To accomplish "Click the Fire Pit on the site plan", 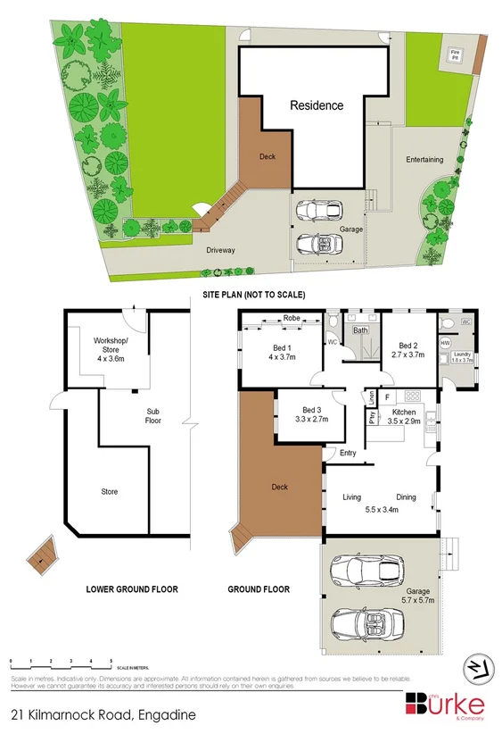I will click(455, 55).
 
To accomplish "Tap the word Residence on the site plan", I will click(317, 105).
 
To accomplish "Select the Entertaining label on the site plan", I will click(424, 160).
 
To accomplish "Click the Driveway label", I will click(220, 250).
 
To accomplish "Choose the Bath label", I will click(360, 330).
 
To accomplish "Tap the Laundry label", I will click(462, 355).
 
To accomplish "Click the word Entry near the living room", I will click(348, 453).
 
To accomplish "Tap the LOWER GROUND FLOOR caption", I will click(132, 588).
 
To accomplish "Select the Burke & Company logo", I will click(447, 704).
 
